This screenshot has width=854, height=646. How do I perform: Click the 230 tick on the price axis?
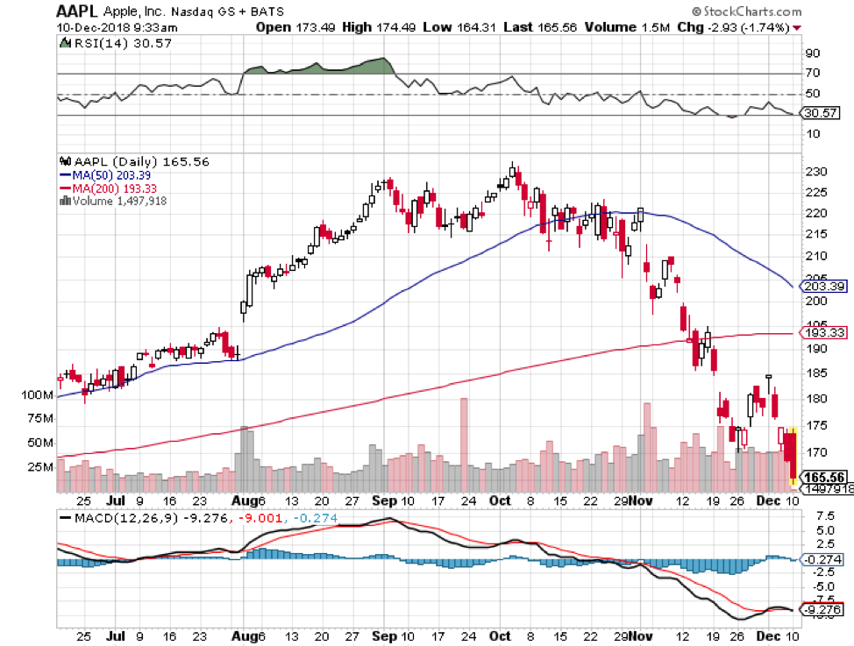point(815,173)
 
